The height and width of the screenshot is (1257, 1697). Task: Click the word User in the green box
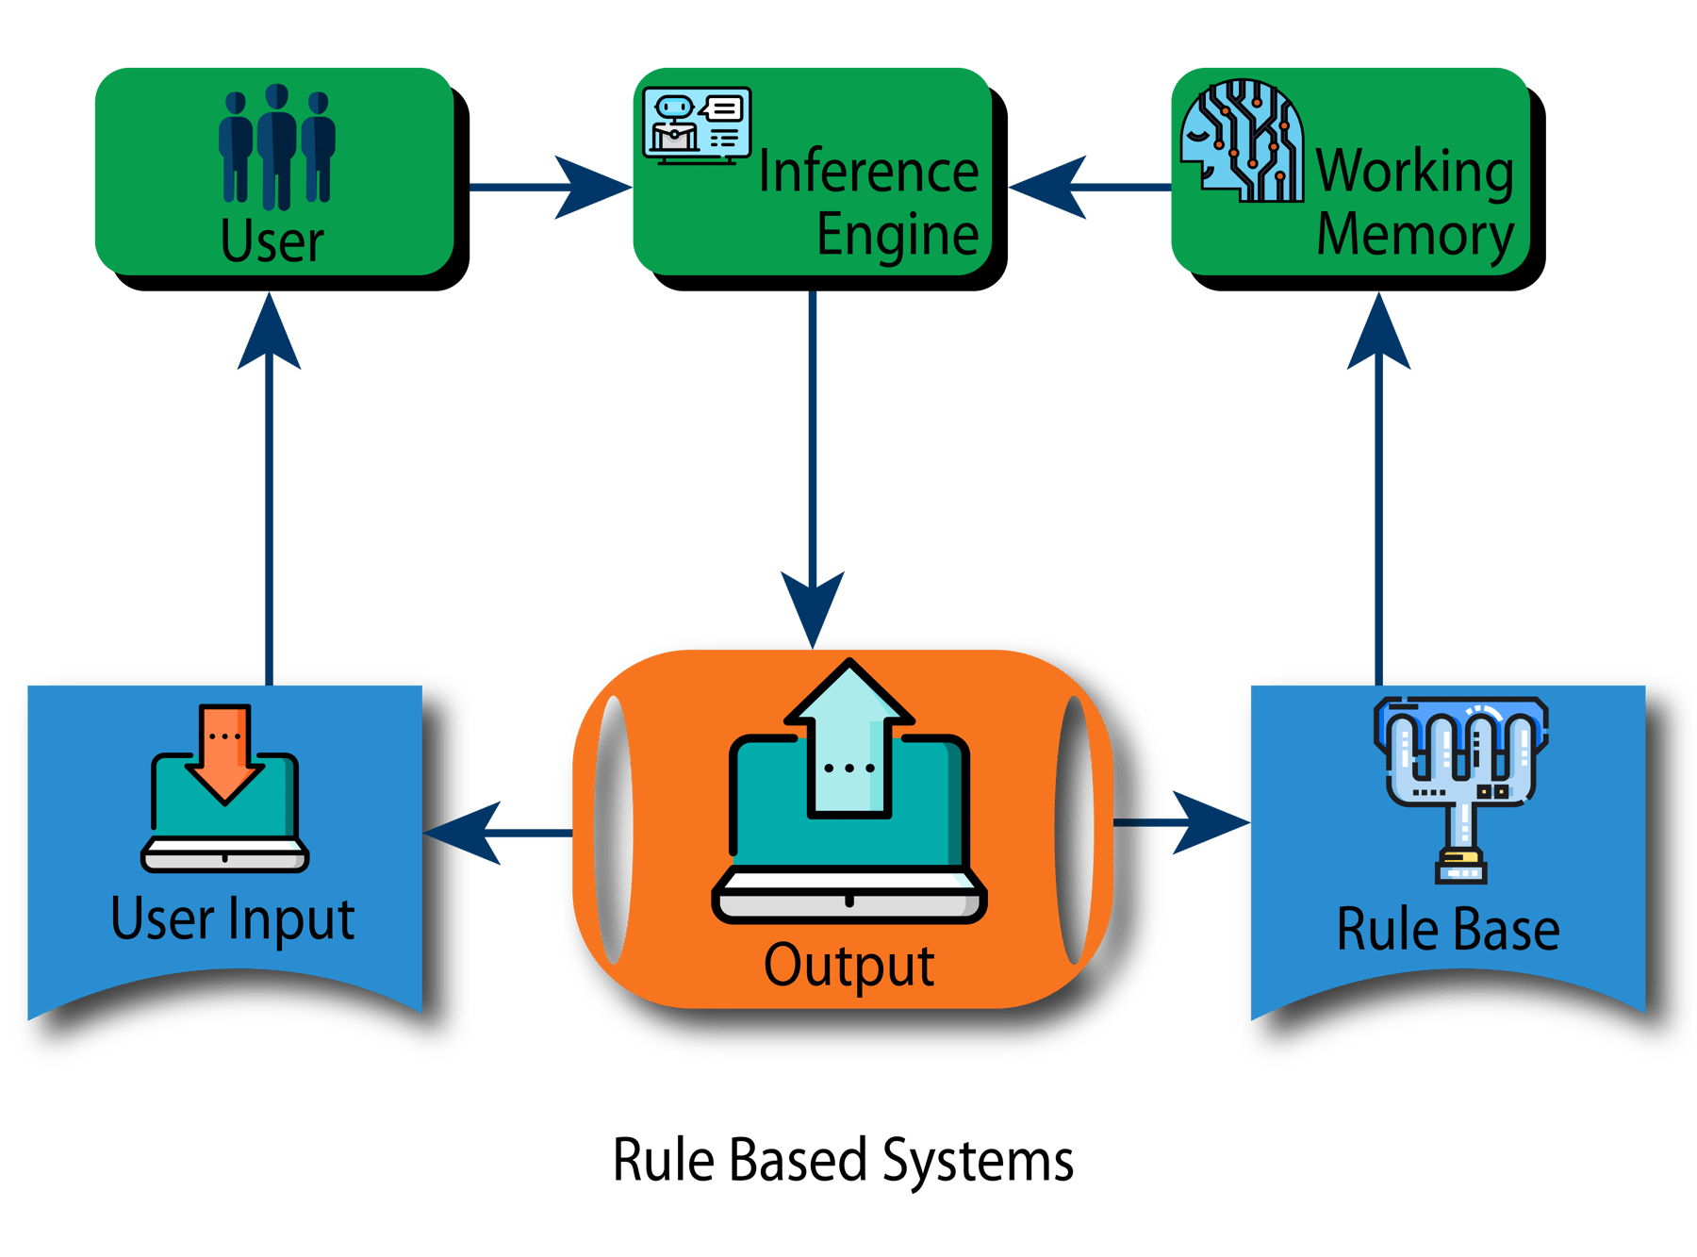272,240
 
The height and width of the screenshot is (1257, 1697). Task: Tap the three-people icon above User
276,146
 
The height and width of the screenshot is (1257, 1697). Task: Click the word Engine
897,235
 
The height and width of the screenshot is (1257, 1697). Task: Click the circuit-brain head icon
1243,141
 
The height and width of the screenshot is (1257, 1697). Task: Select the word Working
1414,172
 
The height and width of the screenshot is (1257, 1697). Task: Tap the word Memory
1414,235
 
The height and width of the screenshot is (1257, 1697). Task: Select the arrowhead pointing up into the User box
270,335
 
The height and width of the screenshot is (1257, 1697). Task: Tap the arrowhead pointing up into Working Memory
1378,335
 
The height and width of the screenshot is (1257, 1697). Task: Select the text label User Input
233,918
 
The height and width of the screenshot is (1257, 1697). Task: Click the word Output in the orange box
848,966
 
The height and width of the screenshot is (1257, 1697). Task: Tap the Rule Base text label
1447,930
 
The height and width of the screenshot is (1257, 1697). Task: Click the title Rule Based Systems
843,1160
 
